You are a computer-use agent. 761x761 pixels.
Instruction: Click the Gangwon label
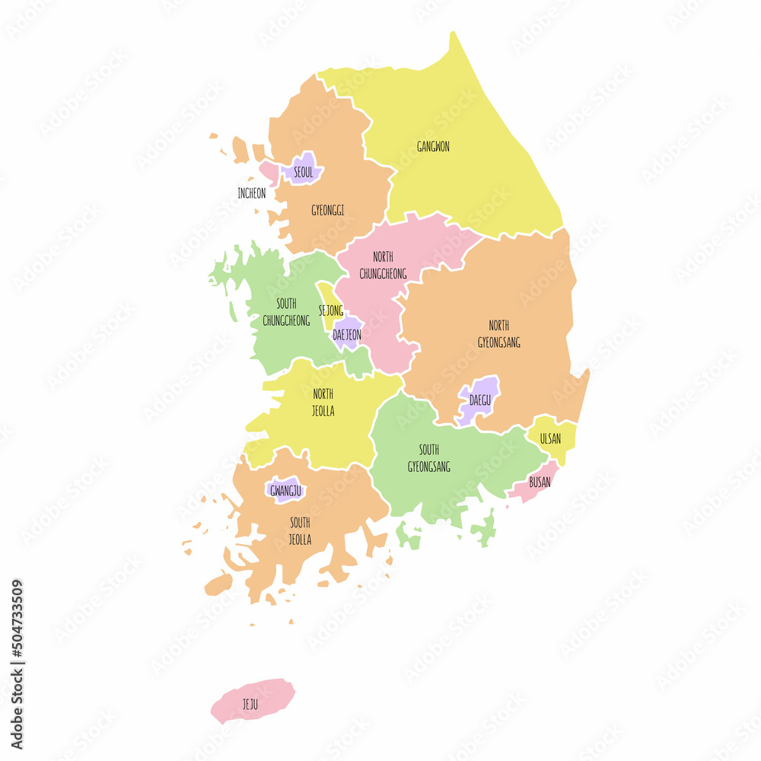[433, 147]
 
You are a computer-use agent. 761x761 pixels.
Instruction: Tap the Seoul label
[303, 173]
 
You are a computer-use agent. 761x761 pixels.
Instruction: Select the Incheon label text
[252, 193]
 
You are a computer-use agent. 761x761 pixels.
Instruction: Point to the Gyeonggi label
[327, 210]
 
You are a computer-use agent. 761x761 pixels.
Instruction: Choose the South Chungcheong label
[286, 312]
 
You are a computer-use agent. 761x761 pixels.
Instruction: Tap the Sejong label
[330, 310]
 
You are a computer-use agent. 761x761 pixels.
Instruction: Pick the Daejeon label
[347, 334]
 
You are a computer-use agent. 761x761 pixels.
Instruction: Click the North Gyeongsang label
[499, 334]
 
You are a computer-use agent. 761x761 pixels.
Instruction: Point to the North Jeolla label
[323, 403]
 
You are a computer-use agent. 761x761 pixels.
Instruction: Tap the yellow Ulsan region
[552, 437]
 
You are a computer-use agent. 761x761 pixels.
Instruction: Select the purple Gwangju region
[285, 490]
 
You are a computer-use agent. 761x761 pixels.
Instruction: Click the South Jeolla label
[300, 530]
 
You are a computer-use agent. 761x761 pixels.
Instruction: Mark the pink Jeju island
[252, 699]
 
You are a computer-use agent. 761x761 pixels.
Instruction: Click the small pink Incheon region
[269, 171]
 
